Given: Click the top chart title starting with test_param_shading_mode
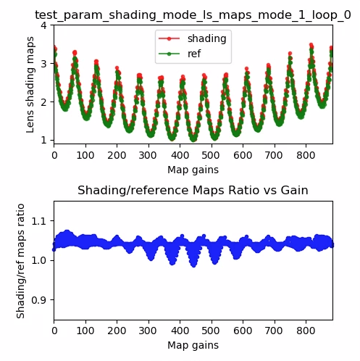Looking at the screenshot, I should tap(193, 14).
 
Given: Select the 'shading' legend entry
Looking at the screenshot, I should tap(206, 38).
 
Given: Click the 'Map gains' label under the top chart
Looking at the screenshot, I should tap(193, 170).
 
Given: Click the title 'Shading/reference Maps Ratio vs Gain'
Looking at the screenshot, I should tap(193, 191).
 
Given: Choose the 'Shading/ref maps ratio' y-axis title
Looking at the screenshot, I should tap(21, 261).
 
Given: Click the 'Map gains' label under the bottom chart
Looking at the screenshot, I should tap(193, 346).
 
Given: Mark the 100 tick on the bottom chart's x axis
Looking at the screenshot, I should tap(85, 331).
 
